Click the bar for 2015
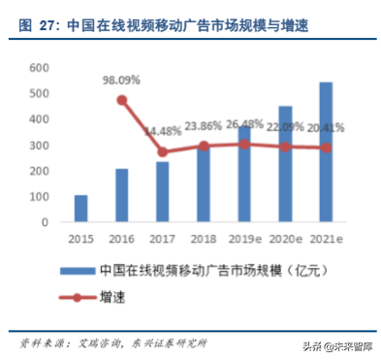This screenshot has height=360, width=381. [80, 209]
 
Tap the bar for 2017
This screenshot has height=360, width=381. [162, 192]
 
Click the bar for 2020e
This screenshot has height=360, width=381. [285, 164]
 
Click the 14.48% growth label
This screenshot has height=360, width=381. [163, 131]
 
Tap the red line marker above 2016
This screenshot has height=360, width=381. [121, 100]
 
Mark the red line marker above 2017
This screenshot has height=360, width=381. [162, 152]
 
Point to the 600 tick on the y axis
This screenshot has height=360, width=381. [38, 68]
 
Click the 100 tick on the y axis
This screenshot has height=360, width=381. [38, 197]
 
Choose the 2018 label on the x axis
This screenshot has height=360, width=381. [203, 238]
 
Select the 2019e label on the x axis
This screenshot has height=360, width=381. [244, 238]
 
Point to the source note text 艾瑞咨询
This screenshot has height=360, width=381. [100, 343]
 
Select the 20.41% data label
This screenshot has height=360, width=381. [327, 127]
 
